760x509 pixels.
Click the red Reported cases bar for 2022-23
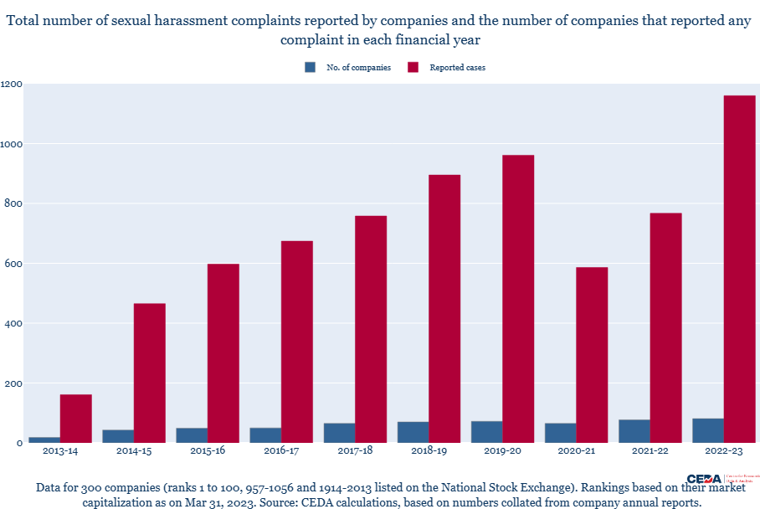coord(739,269)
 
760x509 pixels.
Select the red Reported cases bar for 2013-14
coord(75,419)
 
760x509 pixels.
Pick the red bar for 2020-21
coord(592,355)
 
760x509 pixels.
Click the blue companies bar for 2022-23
coord(707,430)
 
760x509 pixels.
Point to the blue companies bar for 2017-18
coord(339,433)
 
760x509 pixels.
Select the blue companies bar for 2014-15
coord(118,436)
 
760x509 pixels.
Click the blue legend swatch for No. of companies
coord(311,68)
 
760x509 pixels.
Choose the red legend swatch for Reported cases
coord(413,68)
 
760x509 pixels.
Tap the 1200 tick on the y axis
coord(12,85)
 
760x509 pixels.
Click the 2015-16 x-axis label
coord(207,451)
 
